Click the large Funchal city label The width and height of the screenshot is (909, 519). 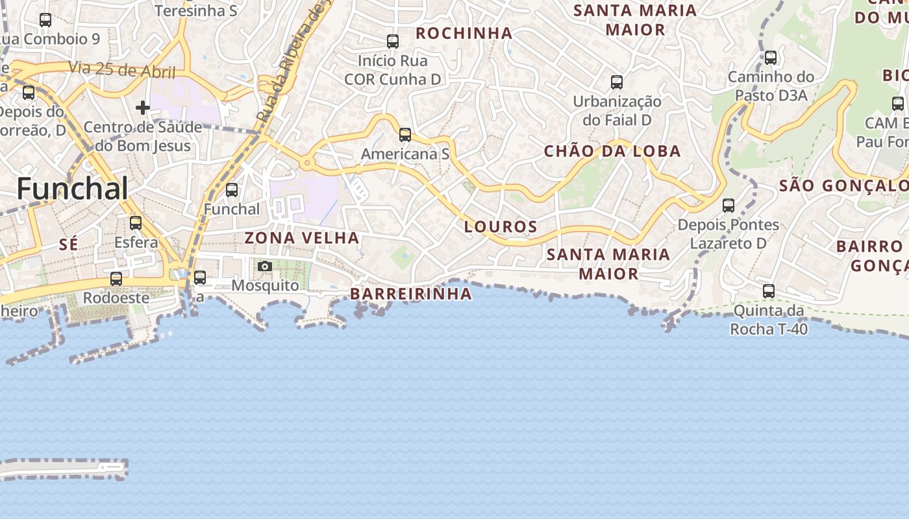pos(72,188)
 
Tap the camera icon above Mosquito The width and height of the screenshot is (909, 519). pos(264,266)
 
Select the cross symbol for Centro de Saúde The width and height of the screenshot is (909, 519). pos(143,107)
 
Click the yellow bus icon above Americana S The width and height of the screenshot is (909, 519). pos(405,135)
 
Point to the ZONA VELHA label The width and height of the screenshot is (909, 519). pos(302,238)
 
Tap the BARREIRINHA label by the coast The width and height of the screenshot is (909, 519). pos(411,294)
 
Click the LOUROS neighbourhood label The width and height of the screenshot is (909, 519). pos(501,226)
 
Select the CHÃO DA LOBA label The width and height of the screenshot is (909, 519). pos(612,151)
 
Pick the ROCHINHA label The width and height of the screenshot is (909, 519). pos(464,33)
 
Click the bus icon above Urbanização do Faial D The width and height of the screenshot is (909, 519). pos(617,82)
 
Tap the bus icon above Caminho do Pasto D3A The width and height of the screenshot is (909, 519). pos(771,58)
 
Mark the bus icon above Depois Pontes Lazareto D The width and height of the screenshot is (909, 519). pos(728,206)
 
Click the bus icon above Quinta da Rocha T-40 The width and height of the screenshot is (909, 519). pos(769,291)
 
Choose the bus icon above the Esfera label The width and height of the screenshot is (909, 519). pos(136,223)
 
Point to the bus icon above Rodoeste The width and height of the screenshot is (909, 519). pos(116,279)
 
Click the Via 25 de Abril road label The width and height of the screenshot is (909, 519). pos(121,69)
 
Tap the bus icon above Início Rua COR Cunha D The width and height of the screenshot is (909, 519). pos(393,42)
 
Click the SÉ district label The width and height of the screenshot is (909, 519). pos(68,245)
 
